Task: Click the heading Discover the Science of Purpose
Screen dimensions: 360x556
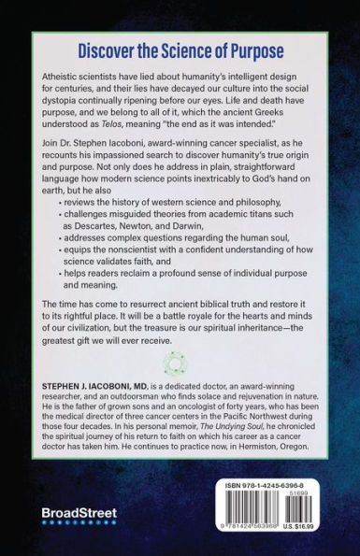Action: click(180, 51)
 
